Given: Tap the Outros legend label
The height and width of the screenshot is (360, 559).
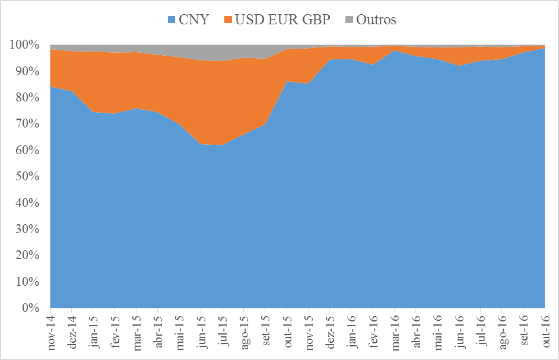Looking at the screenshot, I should tap(376, 20).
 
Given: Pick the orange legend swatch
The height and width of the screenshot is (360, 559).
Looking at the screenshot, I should tap(227, 20).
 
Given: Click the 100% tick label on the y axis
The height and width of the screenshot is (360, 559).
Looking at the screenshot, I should tap(25, 45).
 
